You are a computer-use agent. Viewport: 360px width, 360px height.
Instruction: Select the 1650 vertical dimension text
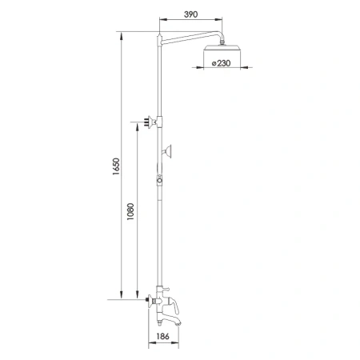116,168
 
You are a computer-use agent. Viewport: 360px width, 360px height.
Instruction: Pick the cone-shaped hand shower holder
169,150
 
